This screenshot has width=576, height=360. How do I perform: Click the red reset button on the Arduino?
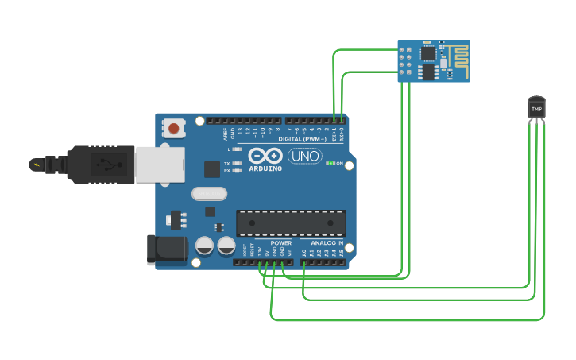(173, 127)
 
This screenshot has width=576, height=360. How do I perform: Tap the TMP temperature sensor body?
(536, 108)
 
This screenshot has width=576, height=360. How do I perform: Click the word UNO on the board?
(304, 156)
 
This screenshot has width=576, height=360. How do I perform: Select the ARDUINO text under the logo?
(265, 168)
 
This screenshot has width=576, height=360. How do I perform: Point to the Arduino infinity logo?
(265, 155)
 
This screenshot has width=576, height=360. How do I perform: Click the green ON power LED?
(331, 163)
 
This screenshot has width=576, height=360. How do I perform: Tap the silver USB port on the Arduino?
(159, 165)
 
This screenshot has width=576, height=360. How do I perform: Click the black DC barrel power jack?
(167, 250)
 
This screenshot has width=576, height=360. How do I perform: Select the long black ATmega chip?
(291, 223)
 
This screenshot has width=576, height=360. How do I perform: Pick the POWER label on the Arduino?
(280, 242)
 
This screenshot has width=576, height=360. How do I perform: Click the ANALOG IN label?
(327, 242)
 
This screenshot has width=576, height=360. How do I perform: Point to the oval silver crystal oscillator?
(209, 193)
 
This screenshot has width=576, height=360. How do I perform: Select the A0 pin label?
(303, 252)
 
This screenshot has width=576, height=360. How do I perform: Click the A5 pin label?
(342, 252)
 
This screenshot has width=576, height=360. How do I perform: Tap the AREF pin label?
(226, 133)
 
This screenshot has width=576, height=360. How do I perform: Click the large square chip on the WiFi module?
(428, 53)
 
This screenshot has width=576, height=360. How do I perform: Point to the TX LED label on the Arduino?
(227, 163)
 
